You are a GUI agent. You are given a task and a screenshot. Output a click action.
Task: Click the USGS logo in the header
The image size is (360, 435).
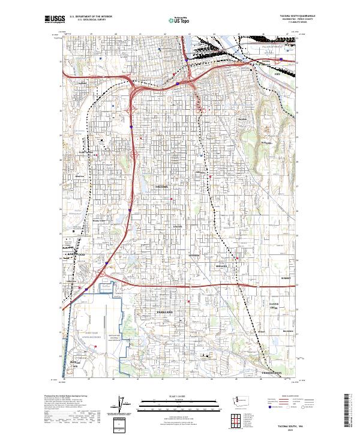pyautogui.click(x=55, y=19)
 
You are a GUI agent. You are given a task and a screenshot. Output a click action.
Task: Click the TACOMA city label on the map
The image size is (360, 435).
pyautogui.click(x=162, y=187)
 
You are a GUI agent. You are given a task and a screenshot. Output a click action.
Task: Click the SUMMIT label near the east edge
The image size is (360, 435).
pyautogui.click(x=285, y=278)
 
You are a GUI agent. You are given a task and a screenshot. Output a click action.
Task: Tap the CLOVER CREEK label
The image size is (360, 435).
pyautogui.click(x=274, y=305)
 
